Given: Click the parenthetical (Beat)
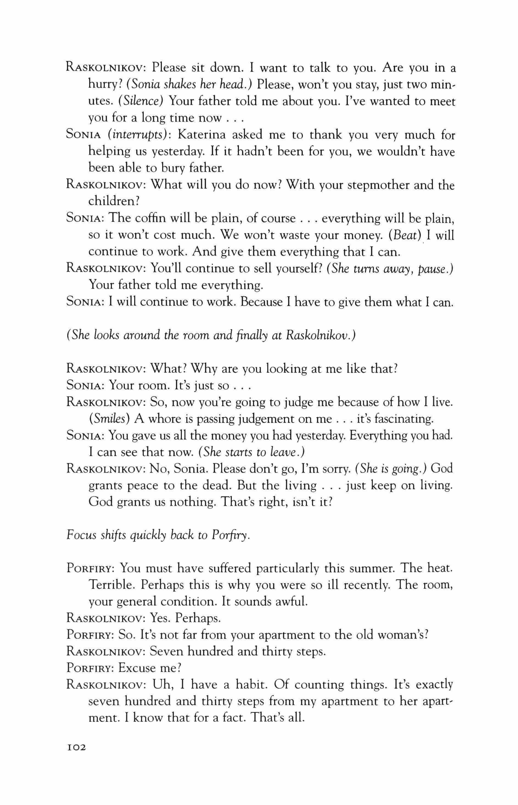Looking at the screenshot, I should (x=405, y=235).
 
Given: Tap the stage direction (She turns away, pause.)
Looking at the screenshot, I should (x=390, y=268).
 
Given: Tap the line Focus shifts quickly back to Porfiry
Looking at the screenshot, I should (x=158, y=535).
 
